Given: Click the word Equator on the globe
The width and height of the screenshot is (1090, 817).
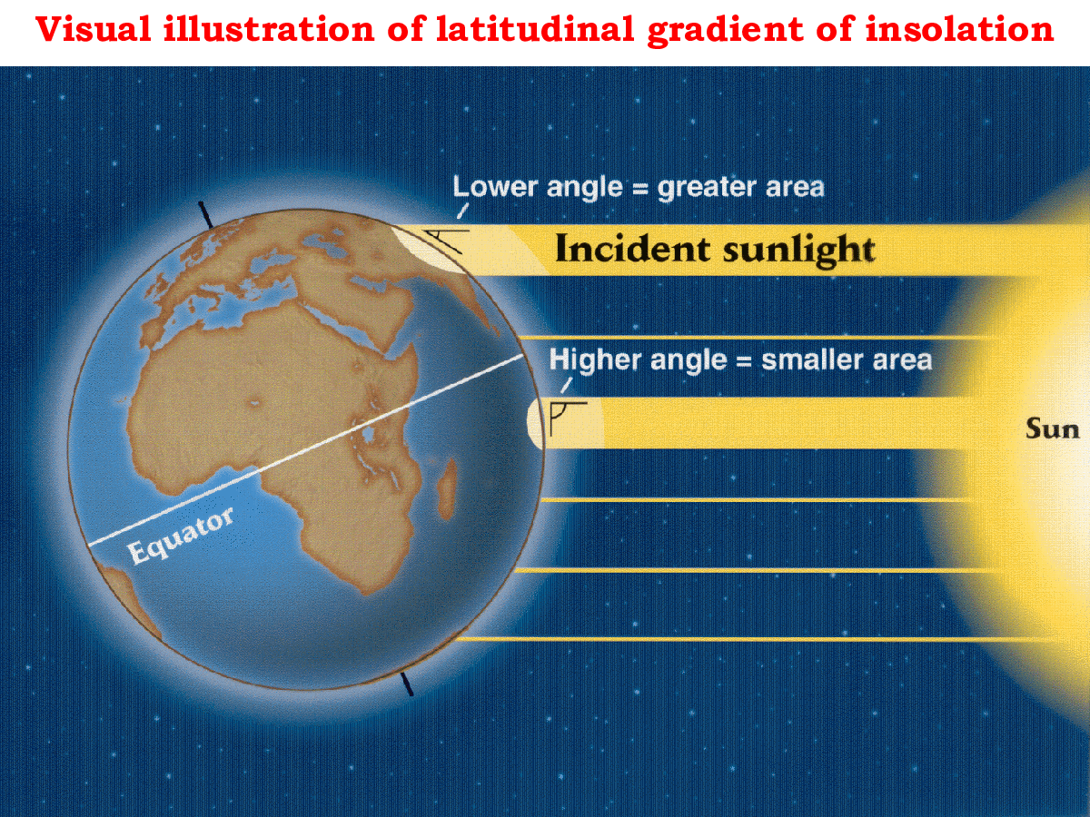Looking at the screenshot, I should [181, 536].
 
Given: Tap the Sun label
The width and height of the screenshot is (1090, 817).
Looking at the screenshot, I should [1053, 428].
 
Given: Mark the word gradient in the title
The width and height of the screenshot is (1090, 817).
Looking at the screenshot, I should [700, 31].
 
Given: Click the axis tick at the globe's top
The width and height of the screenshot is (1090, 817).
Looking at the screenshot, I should [206, 215].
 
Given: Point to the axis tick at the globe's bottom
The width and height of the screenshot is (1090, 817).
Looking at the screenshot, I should [408, 684].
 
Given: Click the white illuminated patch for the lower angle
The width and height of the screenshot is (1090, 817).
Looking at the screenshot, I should [423, 248].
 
